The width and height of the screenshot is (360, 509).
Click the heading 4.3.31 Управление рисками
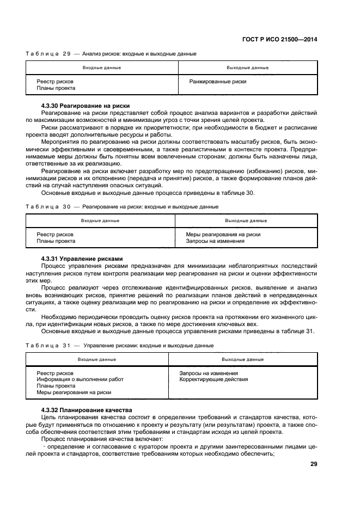pos(82,258)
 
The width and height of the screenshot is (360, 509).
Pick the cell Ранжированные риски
pos(217,82)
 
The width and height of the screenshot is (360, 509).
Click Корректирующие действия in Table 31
pos(209,379)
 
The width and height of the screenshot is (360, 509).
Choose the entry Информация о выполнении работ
pos(80,379)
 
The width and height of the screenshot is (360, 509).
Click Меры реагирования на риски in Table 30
pos(223,234)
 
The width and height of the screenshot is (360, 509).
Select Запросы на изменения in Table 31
pos(205,373)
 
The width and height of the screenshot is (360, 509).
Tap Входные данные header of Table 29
pos(102,68)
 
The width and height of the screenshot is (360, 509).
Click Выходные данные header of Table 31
pos(242,359)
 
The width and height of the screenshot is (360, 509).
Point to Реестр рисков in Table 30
pos(55,234)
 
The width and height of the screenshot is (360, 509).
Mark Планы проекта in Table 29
pos(56,88)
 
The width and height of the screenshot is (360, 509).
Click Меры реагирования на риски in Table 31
pos(74,392)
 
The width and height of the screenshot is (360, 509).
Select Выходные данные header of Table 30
pos(246,220)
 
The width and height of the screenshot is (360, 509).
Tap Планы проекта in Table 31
pos(56,385)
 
